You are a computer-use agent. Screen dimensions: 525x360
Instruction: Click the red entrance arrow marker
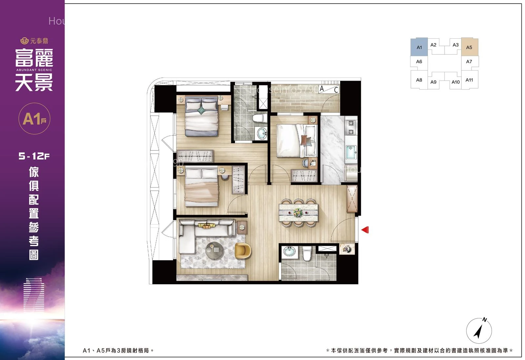point(365,230)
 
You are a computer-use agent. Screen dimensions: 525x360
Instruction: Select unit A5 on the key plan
point(470,47)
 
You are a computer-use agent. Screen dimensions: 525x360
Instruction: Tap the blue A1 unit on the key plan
point(419,47)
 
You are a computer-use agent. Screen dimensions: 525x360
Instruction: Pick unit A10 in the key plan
point(455,82)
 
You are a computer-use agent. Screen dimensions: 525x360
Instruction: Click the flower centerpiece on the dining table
point(298,213)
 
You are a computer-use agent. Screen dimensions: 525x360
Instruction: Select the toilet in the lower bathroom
point(307,253)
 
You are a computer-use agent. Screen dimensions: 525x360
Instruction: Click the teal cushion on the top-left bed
point(201,110)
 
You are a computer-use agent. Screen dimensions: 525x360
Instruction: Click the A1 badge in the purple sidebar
point(34,118)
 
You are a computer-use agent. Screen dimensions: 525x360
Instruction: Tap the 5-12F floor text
point(34,156)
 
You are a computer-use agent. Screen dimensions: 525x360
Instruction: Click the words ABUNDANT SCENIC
point(34,70)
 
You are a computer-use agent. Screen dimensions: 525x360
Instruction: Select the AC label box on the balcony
point(329,89)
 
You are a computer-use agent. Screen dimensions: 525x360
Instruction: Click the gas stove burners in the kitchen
point(351,128)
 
